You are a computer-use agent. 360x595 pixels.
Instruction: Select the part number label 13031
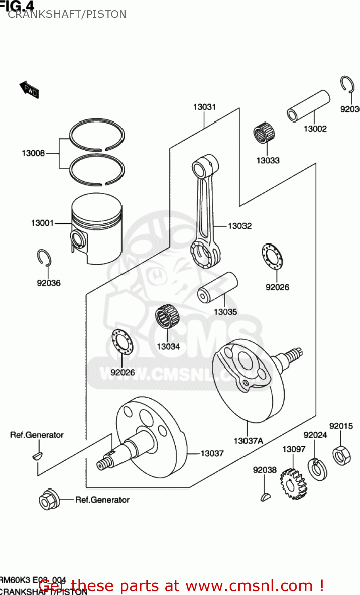(x=205, y=107)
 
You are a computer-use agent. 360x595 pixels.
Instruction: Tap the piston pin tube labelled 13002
(x=309, y=105)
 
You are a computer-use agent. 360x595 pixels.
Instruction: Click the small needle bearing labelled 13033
(x=264, y=134)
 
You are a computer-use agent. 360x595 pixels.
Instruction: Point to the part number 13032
(x=239, y=226)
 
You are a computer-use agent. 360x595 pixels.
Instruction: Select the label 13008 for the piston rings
(x=33, y=153)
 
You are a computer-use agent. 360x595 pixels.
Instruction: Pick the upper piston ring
(x=97, y=134)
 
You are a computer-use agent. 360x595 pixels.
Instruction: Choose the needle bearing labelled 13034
(x=167, y=317)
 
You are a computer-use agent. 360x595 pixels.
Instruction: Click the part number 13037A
(x=248, y=441)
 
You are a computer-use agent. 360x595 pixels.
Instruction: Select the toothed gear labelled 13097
(x=293, y=484)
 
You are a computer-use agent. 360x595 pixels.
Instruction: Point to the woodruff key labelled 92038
(x=265, y=496)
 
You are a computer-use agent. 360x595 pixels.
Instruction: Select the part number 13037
(x=212, y=453)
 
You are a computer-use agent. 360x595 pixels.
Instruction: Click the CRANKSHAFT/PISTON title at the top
(x=67, y=14)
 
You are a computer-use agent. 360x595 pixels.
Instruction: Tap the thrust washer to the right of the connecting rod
(x=272, y=256)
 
